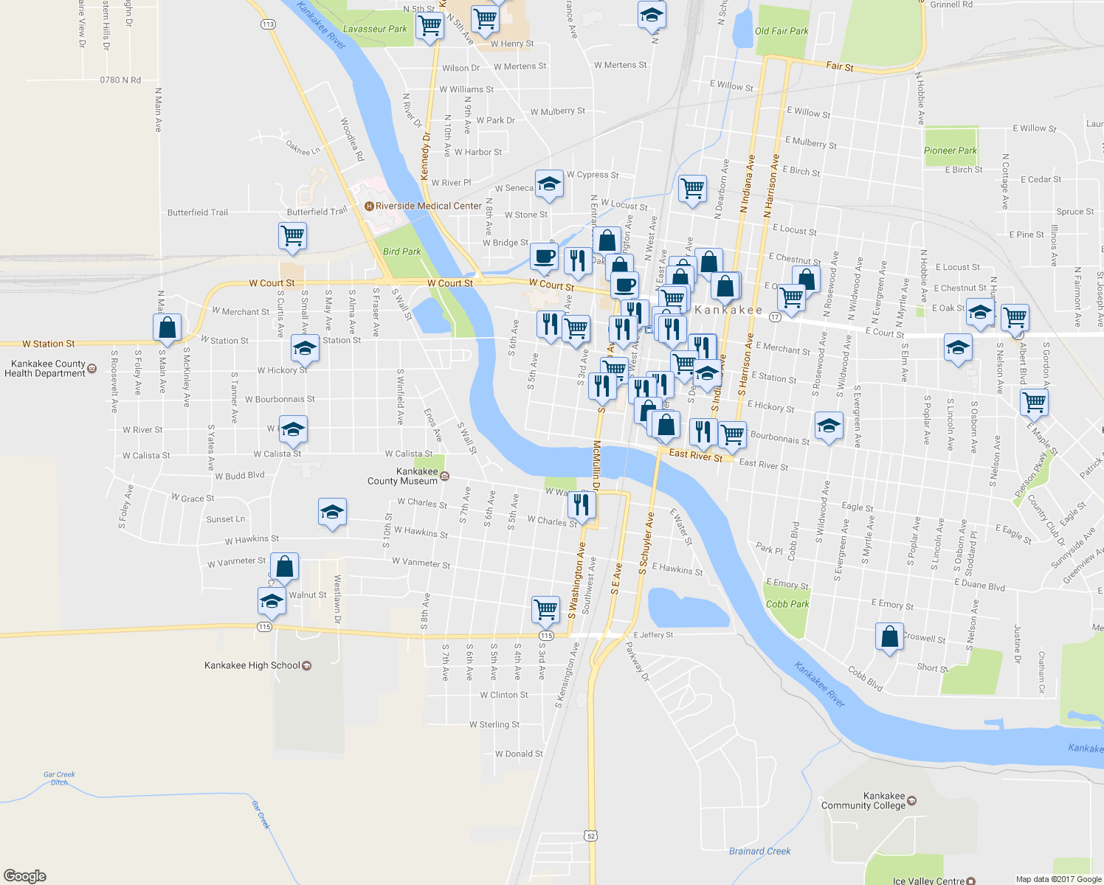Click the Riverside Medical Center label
tap(428, 206)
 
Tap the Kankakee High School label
tap(252, 665)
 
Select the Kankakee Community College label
tap(863, 801)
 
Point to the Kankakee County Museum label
tap(403, 476)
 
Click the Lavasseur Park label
tap(375, 29)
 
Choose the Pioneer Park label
tap(950, 150)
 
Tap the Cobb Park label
tap(787, 604)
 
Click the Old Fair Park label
tap(782, 31)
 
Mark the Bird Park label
tap(401, 251)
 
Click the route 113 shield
tap(268, 24)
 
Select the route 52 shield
tap(589, 836)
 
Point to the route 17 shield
tap(774, 317)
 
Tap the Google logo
tap(24, 876)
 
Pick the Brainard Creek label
tap(759, 851)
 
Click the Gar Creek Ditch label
tap(59, 778)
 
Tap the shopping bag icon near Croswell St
tap(889, 636)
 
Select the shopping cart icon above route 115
tap(545, 609)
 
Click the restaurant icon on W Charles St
tap(582, 505)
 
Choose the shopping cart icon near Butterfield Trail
tap(292, 236)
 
